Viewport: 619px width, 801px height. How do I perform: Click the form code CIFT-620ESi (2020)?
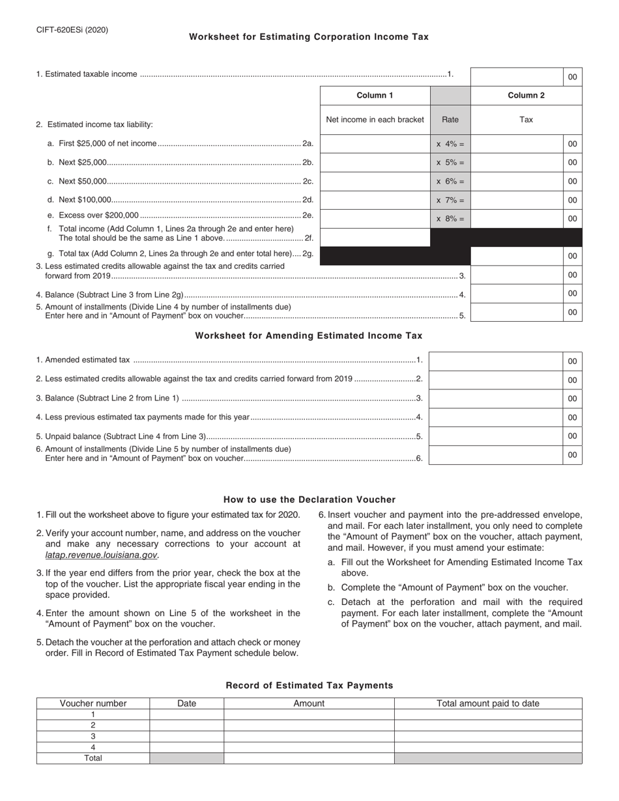pos(72,30)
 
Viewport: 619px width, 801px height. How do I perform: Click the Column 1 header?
pos(375,96)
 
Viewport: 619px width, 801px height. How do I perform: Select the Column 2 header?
pos(526,96)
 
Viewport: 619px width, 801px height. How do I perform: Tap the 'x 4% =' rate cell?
pos(450,144)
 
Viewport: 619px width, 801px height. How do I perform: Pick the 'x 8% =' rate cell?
pos(450,219)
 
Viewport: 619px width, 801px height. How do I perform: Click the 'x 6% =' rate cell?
pos(450,182)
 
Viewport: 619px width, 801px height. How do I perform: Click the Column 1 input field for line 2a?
pos(375,144)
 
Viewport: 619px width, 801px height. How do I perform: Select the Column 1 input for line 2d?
pos(375,201)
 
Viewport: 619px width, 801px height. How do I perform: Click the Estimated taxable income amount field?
pos(517,76)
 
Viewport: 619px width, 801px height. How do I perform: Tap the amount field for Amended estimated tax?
pos(495,361)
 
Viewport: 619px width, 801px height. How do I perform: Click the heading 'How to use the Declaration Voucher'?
pos(309,499)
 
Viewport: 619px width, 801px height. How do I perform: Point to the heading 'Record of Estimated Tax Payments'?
pos(309,685)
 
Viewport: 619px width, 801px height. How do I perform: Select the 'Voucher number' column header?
pos(93,703)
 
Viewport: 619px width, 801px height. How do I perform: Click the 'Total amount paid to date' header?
pos(488,703)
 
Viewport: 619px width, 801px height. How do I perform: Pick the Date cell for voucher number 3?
pos(187,736)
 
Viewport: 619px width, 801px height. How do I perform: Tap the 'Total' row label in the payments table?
pos(93,758)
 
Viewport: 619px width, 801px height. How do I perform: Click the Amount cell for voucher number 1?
pos(309,714)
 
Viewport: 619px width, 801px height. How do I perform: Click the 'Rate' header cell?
pos(450,119)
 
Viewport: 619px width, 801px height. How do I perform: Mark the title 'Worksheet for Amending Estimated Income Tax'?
pos(309,336)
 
